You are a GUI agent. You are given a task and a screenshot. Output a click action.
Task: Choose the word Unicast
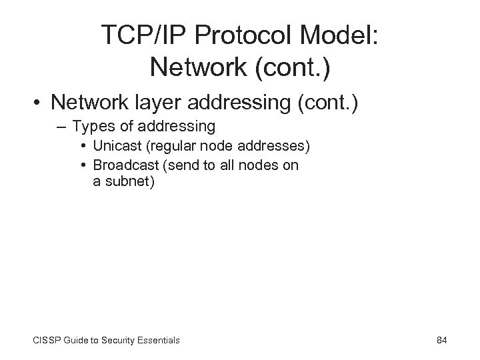coord(117,146)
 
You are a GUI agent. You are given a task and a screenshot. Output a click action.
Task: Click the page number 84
coord(441,340)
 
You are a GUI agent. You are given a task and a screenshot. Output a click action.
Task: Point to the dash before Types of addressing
coord(60,125)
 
